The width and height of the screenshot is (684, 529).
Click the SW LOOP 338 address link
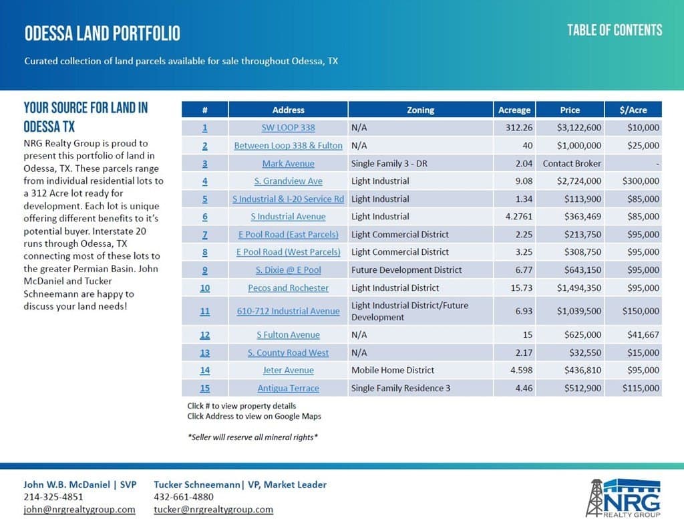(x=288, y=128)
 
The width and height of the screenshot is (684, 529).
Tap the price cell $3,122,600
(x=570, y=128)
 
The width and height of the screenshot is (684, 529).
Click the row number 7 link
(x=204, y=235)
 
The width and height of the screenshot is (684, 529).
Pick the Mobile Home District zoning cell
(x=393, y=371)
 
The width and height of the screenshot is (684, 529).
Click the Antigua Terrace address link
(x=288, y=389)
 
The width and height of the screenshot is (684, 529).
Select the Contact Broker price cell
(x=572, y=163)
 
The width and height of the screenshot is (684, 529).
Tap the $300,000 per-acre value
(x=641, y=181)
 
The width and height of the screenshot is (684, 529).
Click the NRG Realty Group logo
(x=623, y=498)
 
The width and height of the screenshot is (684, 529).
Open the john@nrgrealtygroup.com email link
(x=79, y=510)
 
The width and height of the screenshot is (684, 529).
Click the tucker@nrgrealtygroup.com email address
(x=213, y=510)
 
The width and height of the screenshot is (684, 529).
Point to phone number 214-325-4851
(x=53, y=497)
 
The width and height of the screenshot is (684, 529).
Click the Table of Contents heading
(x=615, y=30)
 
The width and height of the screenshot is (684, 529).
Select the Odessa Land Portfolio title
(x=102, y=33)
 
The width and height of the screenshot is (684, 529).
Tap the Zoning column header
(x=420, y=110)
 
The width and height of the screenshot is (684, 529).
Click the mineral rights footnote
(x=252, y=437)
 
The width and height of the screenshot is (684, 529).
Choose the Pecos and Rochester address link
(x=288, y=288)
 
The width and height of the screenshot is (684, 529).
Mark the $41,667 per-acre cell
(x=643, y=335)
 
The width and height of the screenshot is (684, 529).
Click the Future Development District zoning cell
(x=406, y=270)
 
